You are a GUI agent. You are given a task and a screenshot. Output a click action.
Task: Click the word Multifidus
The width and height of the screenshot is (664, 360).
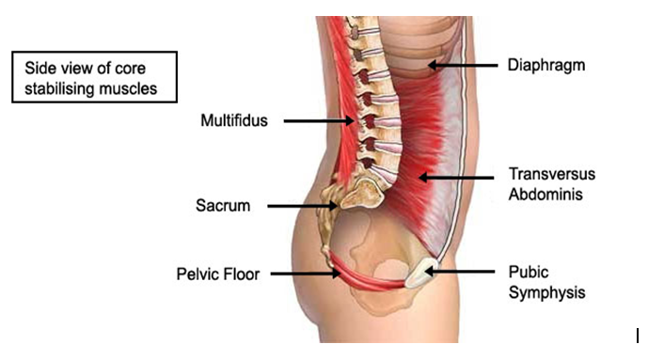[x=234, y=120]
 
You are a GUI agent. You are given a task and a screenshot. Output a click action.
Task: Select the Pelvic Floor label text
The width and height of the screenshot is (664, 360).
[x=218, y=274]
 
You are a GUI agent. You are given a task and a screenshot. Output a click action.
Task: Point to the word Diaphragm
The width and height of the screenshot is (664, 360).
[x=544, y=66]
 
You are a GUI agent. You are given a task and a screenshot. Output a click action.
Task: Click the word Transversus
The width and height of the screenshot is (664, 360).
[x=552, y=175]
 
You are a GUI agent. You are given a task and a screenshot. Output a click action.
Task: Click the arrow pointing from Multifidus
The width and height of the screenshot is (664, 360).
[x=319, y=120]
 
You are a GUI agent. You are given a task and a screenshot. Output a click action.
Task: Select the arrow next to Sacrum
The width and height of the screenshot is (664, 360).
[x=295, y=204]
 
